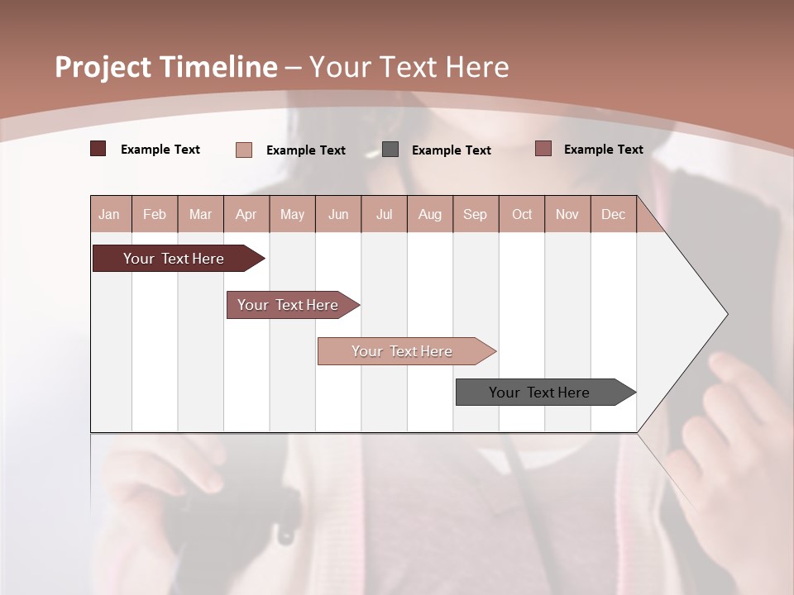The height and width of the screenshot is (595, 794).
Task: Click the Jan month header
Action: pos(110,214)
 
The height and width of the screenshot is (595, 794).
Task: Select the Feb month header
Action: pos(155,214)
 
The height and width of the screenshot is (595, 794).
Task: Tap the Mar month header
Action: pos(200,214)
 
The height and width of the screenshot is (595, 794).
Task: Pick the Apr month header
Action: pos(246,214)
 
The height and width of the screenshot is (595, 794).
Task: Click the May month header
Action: pos(292,214)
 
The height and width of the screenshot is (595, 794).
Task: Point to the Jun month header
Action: pos(338,214)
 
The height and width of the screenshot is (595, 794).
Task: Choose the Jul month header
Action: pos(384,214)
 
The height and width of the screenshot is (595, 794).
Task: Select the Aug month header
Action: pos(430,214)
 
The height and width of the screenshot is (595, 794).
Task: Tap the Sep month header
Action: pos(476,214)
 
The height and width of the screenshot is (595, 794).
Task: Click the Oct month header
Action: pos(522,214)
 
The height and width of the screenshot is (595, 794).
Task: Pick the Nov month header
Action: pos(567,214)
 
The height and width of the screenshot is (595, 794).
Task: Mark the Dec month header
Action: pos(614,214)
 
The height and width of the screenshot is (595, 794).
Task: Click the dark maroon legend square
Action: pos(98,149)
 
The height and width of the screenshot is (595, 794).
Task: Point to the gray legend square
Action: pos(390,149)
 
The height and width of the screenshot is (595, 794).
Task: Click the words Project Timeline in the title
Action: pos(166,67)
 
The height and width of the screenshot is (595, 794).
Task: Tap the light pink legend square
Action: pos(244,150)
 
